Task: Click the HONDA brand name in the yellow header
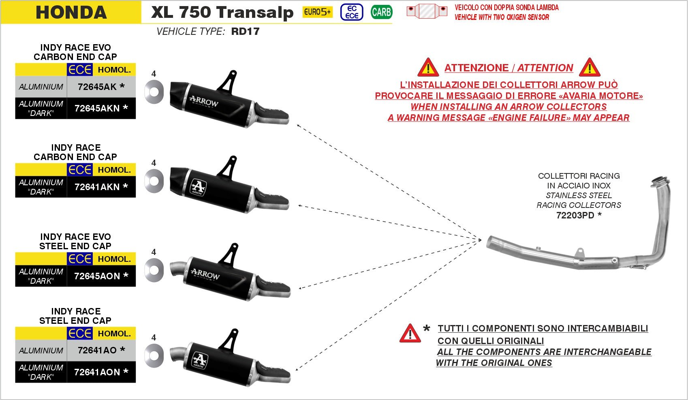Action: (x=71, y=12)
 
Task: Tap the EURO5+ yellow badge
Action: (x=317, y=12)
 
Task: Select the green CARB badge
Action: (x=381, y=12)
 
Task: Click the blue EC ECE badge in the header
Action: (x=352, y=12)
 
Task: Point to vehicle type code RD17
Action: (x=245, y=32)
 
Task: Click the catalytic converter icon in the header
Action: (x=427, y=11)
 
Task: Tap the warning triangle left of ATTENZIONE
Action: (x=428, y=68)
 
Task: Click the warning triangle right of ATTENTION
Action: (x=589, y=68)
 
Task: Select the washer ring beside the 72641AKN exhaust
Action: (x=154, y=180)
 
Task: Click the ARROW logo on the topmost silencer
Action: (x=204, y=101)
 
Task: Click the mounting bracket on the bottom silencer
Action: (x=229, y=339)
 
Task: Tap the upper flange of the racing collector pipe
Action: (x=660, y=182)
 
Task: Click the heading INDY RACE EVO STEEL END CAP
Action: (x=75, y=241)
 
